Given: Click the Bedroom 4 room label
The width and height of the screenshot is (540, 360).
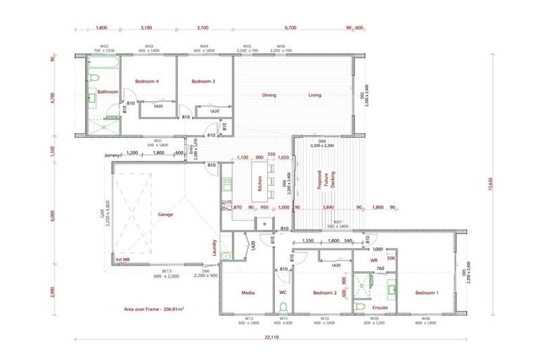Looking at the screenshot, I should (x=148, y=82).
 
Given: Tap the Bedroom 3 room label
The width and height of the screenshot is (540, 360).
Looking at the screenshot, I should (x=202, y=82).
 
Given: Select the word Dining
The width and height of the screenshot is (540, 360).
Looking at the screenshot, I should (x=269, y=95).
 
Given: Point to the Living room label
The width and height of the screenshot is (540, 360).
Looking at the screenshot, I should (x=314, y=95).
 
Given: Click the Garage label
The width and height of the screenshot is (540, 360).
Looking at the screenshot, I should (x=165, y=214).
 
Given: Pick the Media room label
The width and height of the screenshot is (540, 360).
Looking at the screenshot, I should (x=247, y=292).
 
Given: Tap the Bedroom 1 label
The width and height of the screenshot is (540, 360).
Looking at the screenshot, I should (x=426, y=292).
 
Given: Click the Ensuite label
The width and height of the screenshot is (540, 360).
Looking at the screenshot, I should (x=380, y=307).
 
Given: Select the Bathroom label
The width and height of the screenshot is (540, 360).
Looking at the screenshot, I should (x=108, y=92).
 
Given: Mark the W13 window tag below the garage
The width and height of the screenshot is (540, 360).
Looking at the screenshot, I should (x=167, y=271).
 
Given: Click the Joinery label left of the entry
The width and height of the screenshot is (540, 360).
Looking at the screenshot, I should (x=112, y=154).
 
